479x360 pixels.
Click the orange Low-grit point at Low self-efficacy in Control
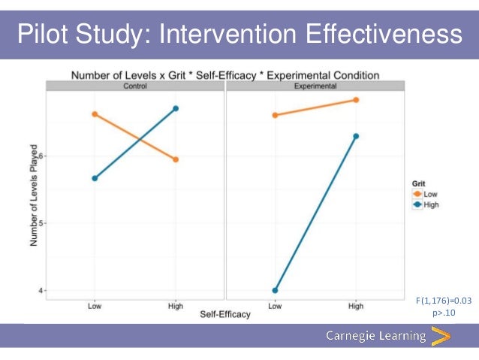[x=95, y=114]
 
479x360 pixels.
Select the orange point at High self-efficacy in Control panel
[x=176, y=159]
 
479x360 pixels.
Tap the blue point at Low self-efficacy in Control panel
[x=95, y=178]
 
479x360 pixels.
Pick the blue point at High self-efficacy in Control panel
[x=176, y=108]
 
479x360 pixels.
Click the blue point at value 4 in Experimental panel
[x=275, y=290]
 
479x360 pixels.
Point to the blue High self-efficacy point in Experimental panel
[x=356, y=136]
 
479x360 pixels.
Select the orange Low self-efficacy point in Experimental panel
[x=275, y=115]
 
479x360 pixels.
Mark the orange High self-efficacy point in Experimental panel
[x=356, y=100]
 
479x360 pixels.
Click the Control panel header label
[x=135, y=86]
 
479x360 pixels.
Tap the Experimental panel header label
[x=315, y=86]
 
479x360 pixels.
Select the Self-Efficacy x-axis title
[x=224, y=314]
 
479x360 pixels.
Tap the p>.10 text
[x=444, y=313]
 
